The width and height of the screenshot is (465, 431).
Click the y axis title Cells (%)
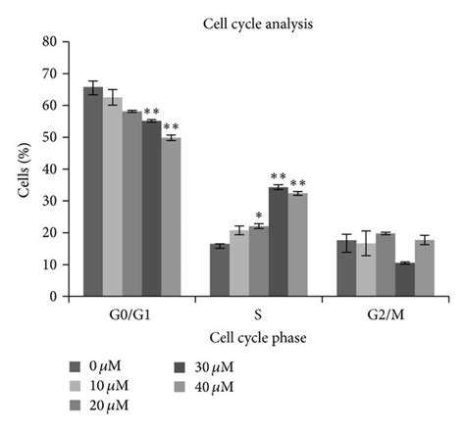[x=25, y=168]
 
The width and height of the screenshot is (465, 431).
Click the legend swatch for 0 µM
[x=76, y=366]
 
